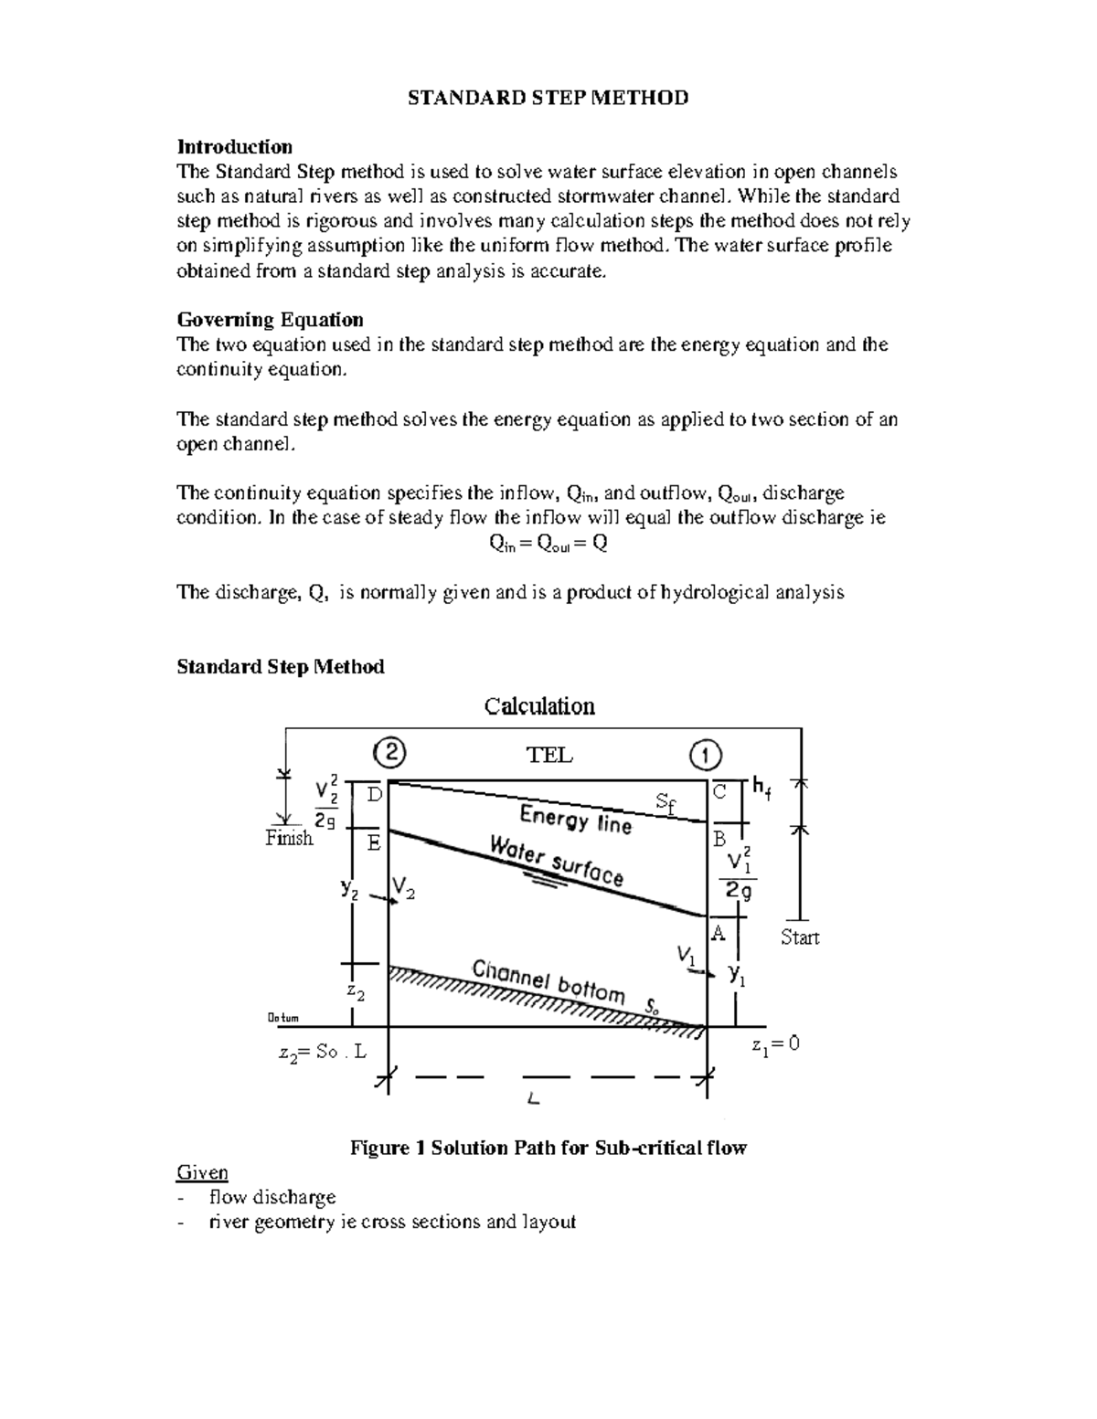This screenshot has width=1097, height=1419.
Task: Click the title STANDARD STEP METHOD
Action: pos(548,98)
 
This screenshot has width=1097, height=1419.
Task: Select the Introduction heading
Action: pos(234,147)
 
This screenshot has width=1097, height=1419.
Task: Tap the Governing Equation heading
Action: pos(270,320)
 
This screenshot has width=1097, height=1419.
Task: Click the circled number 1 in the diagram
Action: pos(705,755)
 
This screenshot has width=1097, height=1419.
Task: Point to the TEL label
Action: pos(548,755)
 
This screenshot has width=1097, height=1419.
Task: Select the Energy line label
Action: pos(576,818)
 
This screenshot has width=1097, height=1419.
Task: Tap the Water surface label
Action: pos(557,861)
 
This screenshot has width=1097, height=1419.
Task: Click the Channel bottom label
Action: pos(548,981)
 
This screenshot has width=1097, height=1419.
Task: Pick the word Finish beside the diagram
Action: pos(289,838)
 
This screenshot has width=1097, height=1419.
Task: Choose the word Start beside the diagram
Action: pos(800,937)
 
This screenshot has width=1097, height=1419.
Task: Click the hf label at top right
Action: pos(762,788)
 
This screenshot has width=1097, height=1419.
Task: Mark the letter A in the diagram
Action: pos(719,933)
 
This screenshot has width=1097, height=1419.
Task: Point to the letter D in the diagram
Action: pos(374,795)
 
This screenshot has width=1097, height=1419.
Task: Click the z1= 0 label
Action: pos(775,1045)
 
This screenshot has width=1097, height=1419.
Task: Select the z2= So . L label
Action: pos(322,1052)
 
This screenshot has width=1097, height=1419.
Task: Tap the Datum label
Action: pos(282,1018)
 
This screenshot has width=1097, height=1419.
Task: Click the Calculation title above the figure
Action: pos(539,706)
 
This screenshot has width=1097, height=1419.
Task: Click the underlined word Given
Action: pos(202,1172)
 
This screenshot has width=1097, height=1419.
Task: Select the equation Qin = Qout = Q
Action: pos(548,544)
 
